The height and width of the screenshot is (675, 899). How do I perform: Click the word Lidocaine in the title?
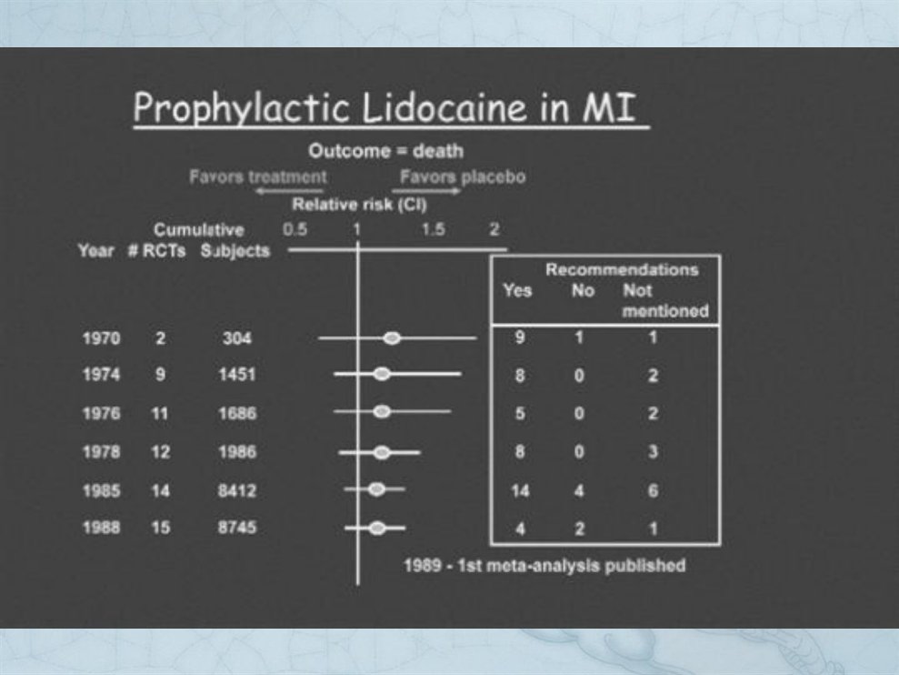pyautogui.click(x=445, y=107)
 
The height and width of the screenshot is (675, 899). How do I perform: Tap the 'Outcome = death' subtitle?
pyautogui.click(x=385, y=151)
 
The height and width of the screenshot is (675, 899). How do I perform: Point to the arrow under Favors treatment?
pyautogui.click(x=290, y=190)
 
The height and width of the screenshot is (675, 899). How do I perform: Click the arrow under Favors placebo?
pyautogui.click(x=426, y=190)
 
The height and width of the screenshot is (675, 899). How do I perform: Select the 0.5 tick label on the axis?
pyautogui.click(x=295, y=229)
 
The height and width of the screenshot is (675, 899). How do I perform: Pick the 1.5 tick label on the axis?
pyautogui.click(x=433, y=229)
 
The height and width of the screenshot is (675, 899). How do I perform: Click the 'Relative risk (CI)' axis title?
pyautogui.click(x=359, y=205)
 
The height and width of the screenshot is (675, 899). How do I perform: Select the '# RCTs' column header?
pyautogui.click(x=156, y=251)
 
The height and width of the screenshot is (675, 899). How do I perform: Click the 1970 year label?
pyautogui.click(x=102, y=338)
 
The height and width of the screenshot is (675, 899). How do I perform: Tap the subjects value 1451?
pyautogui.click(x=237, y=375)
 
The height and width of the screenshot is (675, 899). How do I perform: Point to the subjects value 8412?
pyautogui.click(x=237, y=490)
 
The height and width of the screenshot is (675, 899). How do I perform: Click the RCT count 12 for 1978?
pyautogui.click(x=161, y=452)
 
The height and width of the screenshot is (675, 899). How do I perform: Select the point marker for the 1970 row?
pyautogui.click(x=392, y=338)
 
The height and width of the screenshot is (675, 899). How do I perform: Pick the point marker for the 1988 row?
pyautogui.click(x=376, y=528)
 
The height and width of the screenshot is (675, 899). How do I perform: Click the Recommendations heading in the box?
pyautogui.click(x=622, y=270)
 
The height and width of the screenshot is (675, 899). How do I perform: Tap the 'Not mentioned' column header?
pyautogui.click(x=665, y=301)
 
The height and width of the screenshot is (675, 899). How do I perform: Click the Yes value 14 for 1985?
pyautogui.click(x=520, y=490)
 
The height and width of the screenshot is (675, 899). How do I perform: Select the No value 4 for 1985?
pyautogui.click(x=579, y=490)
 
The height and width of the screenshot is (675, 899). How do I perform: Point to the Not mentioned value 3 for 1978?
pyautogui.click(x=653, y=452)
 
